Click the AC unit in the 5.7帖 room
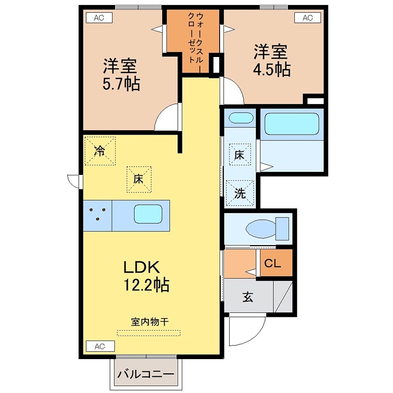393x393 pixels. tap(99, 18)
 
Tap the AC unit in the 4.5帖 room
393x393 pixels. tap(308, 18)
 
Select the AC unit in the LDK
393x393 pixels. tap(100, 346)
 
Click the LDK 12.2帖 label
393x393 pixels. tap(146, 276)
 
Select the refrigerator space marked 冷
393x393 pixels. tap(100, 151)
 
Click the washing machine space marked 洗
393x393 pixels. tap(240, 193)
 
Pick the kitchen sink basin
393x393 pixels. tap(148, 214)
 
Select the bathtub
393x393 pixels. tap(292, 124)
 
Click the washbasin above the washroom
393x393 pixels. tap(241, 118)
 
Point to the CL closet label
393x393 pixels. tap(273, 263)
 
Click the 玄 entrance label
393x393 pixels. tap(248, 297)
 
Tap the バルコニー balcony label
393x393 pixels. tap(145, 374)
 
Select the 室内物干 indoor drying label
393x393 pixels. tap(150, 322)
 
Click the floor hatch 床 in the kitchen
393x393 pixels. tap(139, 179)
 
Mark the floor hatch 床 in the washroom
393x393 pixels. tap(240, 155)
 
